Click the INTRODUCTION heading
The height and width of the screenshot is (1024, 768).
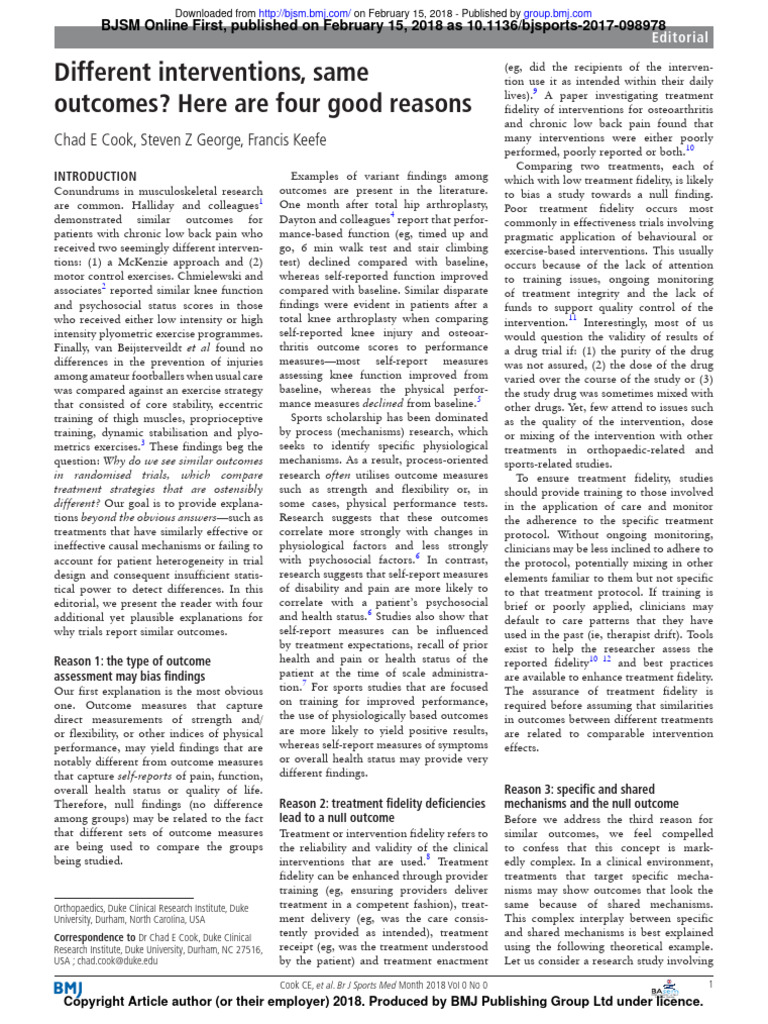click(x=95, y=176)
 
